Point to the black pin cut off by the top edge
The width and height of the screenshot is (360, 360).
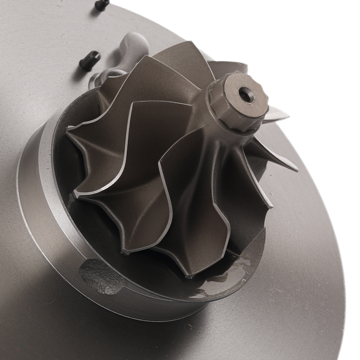click(x=102, y=4)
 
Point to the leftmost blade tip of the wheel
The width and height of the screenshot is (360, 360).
click(x=68, y=127)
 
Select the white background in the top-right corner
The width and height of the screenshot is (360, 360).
click(x=324, y=29)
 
